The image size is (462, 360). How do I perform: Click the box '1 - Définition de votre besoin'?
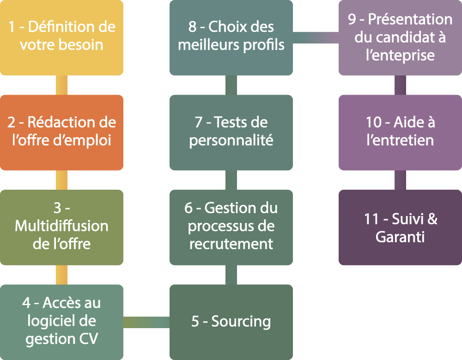click(x=61, y=37)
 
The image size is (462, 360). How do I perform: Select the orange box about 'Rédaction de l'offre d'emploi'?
click(x=61, y=132)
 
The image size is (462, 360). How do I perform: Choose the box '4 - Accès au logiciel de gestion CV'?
click(x=61, y=322)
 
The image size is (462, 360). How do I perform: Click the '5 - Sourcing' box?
click(x=231, y=322)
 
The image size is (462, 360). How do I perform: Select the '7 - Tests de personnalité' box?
click(x=231, y=132)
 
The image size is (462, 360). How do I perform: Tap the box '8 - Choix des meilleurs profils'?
click(x=231, y=37)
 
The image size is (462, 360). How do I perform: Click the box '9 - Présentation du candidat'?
click(x=400, y=37)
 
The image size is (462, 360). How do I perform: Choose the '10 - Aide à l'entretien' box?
click(x=400, y=132)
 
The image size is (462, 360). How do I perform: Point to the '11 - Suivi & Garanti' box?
click(x=400, y=227)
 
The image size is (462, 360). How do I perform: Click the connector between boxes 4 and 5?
click(x=146, y=322)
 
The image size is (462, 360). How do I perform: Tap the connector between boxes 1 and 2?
click(x=61, y=85)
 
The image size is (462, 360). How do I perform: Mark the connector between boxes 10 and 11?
click(x=400, y=180)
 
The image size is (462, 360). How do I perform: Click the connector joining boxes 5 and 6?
click(x=231, y=275)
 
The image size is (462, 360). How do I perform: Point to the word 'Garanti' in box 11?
click(x=400, y=237)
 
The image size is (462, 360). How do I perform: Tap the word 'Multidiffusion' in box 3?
click(x=61, y=226)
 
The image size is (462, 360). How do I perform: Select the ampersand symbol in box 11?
click(x=432, y=219)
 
